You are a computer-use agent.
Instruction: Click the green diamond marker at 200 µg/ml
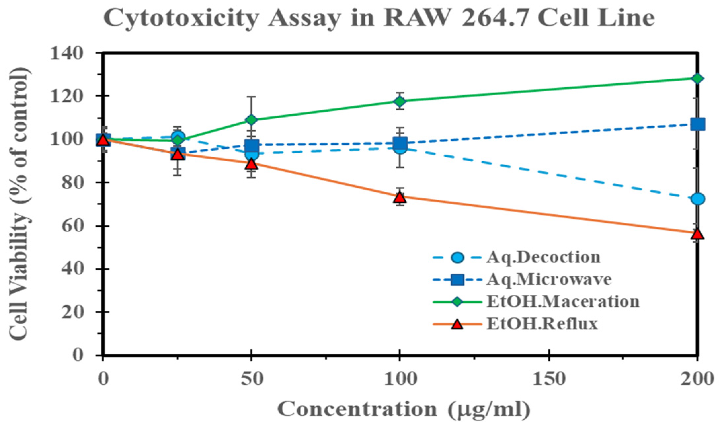click(697, 79)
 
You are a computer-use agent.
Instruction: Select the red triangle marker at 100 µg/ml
click(400, 197)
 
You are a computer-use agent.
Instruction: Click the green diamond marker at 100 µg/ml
click(400, 101)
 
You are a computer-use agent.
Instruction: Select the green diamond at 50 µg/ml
click(252, 120)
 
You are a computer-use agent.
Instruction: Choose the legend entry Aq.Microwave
click(549, 279)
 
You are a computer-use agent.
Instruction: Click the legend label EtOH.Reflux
click(542, 324)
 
